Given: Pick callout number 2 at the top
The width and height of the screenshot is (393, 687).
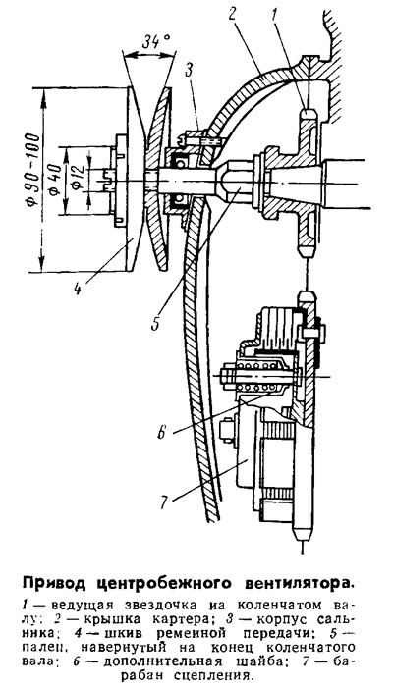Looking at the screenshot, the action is tap(234, 18).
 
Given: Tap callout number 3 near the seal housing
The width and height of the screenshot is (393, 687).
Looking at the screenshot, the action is tap(190, 70).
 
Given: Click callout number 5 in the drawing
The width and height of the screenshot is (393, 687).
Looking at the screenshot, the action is tap(154, 323).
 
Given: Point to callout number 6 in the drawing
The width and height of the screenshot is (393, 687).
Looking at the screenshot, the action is tap(161, 433).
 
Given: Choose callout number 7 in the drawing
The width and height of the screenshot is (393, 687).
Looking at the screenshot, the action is tap(163, 502).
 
